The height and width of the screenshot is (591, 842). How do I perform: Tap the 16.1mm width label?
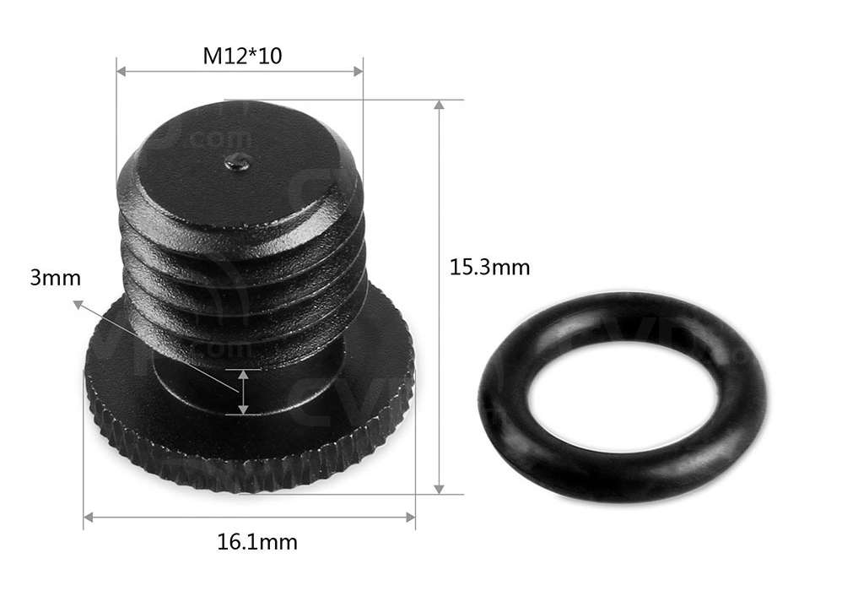tap(256, 541)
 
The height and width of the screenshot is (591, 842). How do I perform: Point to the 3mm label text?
tap(49, 278)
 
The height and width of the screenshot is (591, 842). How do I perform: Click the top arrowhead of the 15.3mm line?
tap(438, 106)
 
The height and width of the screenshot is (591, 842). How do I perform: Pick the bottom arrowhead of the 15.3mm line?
tap(438, 488)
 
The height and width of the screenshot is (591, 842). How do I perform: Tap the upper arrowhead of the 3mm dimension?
tap(243, 373)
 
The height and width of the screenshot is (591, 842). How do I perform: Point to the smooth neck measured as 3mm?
tap(194, 384)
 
